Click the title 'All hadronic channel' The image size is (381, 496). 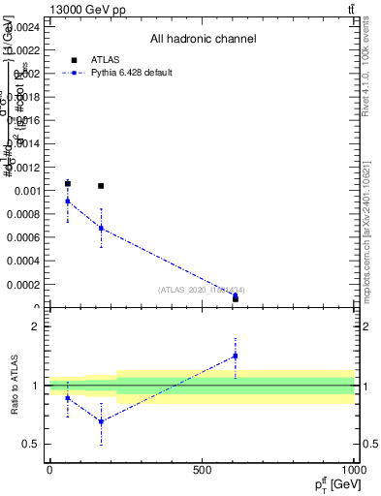click(203, 40)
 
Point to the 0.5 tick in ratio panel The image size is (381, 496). click(31, 445)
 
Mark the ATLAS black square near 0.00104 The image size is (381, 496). click(101, 186)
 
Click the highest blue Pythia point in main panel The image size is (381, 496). click(68, 201)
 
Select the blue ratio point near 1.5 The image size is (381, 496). click(235, 356)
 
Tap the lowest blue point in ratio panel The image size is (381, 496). click(101, 421)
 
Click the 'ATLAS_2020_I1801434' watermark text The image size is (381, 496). click(202, 290)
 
